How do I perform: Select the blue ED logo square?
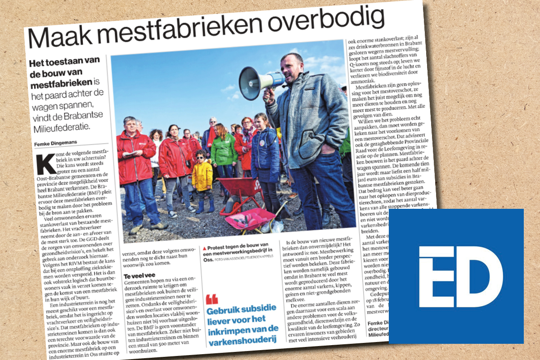click(456, 276)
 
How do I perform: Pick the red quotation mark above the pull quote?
click(211, 298)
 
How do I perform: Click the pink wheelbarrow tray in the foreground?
click(250, 219)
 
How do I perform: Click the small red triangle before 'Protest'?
click(205, 248)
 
